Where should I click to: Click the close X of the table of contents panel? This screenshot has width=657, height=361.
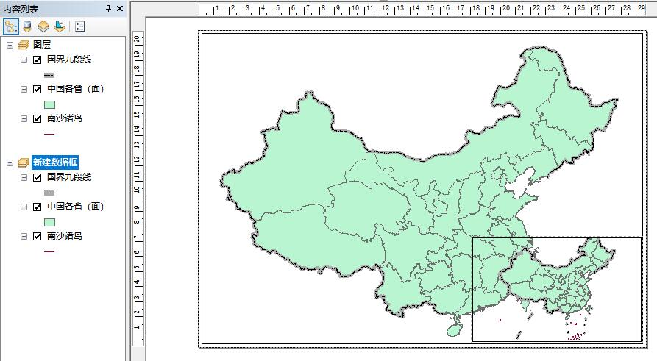point(119,8)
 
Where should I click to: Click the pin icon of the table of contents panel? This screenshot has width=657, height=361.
point(108,8)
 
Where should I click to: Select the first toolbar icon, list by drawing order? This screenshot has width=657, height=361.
point(11,26)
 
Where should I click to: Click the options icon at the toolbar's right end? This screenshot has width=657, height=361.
point(80,26)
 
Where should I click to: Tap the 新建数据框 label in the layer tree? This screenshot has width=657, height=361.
point(57,162)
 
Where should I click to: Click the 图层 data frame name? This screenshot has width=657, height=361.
point(43,45)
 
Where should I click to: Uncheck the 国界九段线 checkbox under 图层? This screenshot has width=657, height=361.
point(37,60)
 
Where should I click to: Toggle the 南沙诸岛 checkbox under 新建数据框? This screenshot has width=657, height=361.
point(37,236)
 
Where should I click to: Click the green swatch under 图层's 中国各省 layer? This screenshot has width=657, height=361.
point(50,104)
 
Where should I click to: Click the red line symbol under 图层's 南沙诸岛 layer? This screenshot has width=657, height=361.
point(50,134)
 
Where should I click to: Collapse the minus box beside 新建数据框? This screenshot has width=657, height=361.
point(9,162)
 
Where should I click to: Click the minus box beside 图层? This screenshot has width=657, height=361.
point(9,45)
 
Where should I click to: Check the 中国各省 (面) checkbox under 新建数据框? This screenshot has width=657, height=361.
point(37,207)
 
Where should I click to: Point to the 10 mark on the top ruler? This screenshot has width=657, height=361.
point(355,9)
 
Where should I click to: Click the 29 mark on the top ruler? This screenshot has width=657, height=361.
point(642,9)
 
